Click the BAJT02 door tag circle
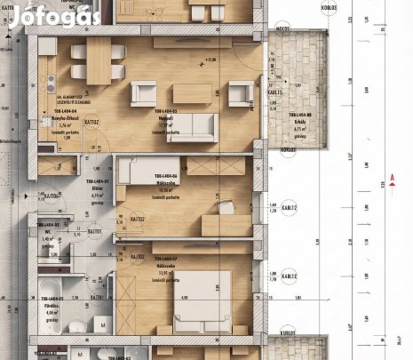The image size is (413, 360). (x=136, y=220)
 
